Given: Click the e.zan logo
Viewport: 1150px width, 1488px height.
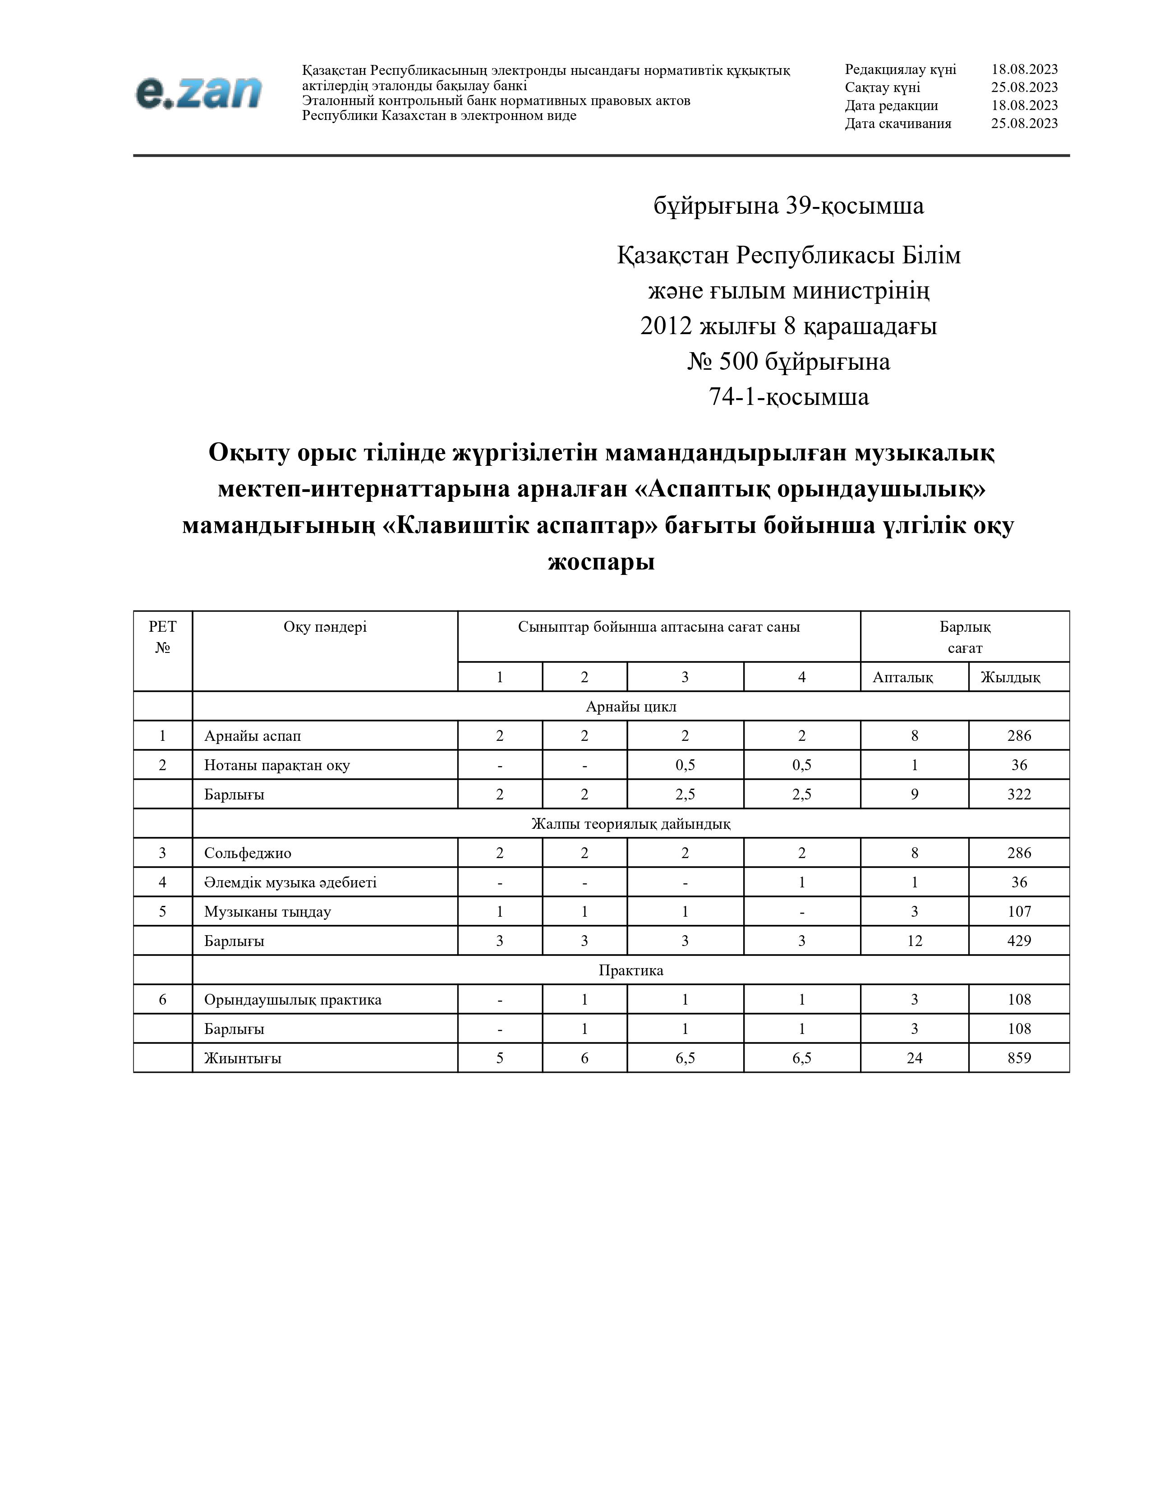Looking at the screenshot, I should tap(198, 92).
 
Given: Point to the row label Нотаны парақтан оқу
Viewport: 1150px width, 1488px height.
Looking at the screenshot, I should tap(276, 765).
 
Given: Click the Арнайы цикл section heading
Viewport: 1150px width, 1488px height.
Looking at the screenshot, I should tap(631, 707).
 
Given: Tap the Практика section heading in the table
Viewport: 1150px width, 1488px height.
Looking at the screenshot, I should tap(631, 970).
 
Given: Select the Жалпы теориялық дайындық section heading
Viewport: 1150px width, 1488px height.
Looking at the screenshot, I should tap(631, 824).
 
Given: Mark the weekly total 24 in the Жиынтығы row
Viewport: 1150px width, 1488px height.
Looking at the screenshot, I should tap(914, 1058).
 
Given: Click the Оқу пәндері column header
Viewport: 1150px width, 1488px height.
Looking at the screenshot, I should tap(325, 627).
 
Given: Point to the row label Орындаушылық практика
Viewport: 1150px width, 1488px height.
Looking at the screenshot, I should tap(292, 1000).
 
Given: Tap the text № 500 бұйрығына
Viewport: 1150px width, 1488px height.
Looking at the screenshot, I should tap(788, 362).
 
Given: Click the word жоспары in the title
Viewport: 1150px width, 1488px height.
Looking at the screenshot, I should tap(601, 562).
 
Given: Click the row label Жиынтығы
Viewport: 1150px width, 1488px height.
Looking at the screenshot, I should tap(243, 1058).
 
